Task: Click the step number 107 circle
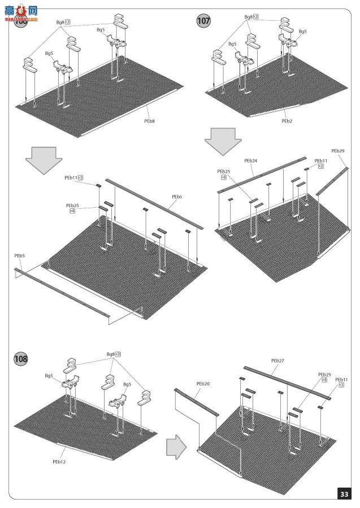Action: click(203, 21)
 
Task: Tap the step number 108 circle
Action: click(22, 359)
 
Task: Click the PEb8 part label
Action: click(149, 120)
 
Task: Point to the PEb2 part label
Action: click(287, 120)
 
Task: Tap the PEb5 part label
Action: click(20, 256)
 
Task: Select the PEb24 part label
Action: click(250, 161)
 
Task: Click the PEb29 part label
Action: click(338, 151)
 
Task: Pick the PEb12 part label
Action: click(59, 461)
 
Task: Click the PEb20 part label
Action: click(203, 384)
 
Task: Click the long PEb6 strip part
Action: click(153, 203)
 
